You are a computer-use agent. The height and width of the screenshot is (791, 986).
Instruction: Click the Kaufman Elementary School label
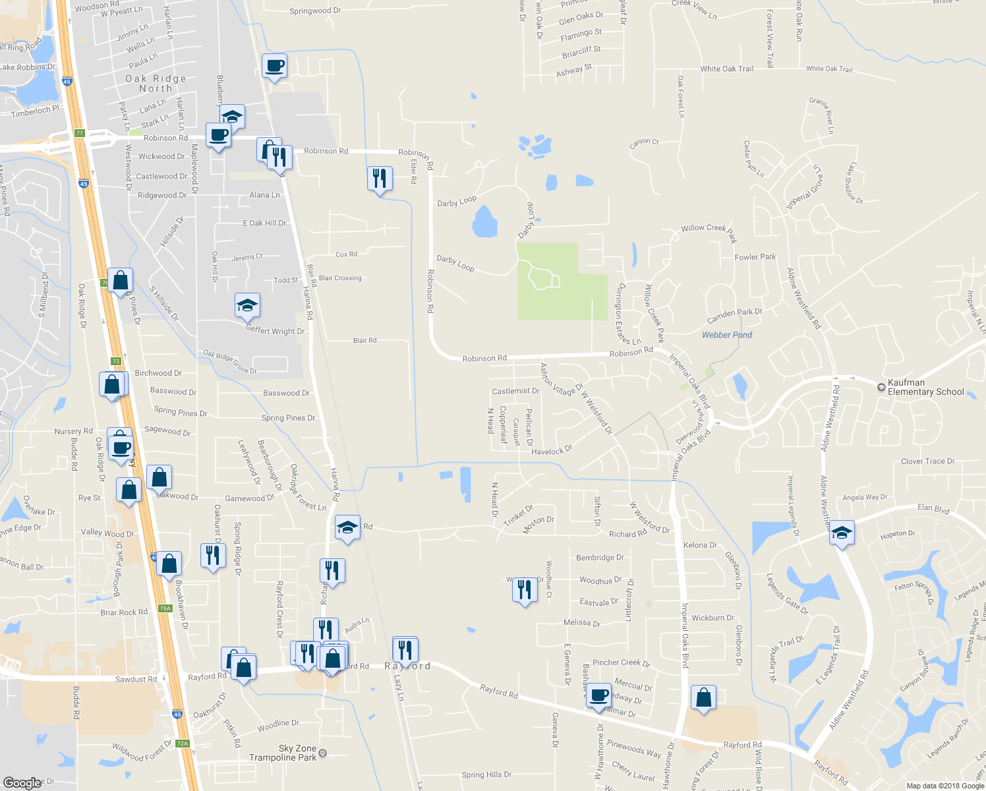click(925, 387)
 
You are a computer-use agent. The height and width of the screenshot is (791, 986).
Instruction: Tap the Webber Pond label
click(726, 335)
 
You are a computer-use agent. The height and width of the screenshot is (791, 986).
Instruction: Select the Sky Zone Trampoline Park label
click(288, 753)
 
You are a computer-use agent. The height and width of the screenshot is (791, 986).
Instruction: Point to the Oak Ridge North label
click(156, 83)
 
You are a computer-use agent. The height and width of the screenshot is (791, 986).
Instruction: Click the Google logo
click(22, 782)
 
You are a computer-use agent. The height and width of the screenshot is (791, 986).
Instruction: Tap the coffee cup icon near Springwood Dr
click(274, 66)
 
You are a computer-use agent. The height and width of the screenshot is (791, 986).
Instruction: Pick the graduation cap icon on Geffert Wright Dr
click(247, 305)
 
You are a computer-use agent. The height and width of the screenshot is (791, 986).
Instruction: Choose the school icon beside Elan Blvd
click(842, 532)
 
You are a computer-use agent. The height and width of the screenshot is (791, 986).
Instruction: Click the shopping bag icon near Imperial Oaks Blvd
click(703, 697)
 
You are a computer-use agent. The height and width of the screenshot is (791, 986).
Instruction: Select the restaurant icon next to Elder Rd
click(380, 178)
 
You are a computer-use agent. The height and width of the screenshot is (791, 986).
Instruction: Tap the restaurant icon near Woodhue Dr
click(525, 589)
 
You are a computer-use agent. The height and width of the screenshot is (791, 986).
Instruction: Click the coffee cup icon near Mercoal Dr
click(598, 695)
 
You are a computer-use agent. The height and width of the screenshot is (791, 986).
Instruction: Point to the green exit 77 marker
click(80, 132)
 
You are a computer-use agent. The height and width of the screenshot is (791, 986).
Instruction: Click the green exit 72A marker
click(183, 744)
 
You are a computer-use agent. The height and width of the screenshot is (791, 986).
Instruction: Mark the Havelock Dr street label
click(552, 452)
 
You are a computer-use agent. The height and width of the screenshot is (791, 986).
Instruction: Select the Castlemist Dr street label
click(515, 391)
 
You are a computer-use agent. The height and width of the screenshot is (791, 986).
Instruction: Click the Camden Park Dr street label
click(734, 316)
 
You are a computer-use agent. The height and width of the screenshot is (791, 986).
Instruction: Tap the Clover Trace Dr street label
click(927, 461)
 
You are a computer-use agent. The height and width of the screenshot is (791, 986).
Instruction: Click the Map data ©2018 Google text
click(945, 785)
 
